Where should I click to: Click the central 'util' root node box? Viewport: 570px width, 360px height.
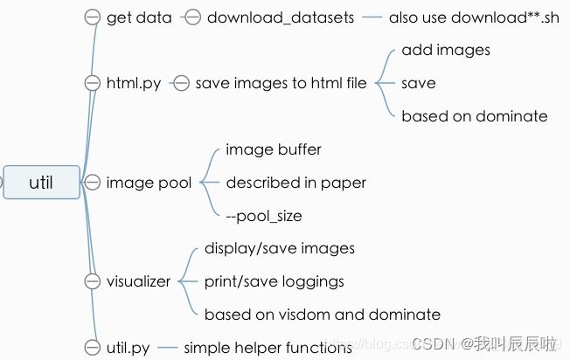(41, 182)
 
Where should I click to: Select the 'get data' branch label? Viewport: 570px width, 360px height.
(139, 17)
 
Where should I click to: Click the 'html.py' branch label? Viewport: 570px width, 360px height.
(134, 83)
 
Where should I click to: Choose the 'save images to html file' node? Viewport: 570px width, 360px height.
(282, 83)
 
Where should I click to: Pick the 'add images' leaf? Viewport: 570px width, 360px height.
(446, 50)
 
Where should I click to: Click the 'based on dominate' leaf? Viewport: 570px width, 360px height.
(475, 116)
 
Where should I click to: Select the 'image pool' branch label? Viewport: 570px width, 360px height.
(149, 183)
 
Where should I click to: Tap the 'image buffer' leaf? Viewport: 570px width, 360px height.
(274, 149)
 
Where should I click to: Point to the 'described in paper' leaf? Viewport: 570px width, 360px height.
(295, 183)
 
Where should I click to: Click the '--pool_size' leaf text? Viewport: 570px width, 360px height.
(264, 216)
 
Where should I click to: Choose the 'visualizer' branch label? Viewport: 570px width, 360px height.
(138, 281)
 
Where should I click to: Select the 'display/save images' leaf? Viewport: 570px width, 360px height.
(280, 248)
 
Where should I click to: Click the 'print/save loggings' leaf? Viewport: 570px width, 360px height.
(274, 281)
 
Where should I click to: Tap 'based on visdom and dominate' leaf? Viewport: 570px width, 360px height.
(322, 315)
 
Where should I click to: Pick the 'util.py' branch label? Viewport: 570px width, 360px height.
(128, 348)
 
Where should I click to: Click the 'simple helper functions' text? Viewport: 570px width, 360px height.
(268, 348)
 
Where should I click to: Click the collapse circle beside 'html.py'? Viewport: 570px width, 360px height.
(92, 83)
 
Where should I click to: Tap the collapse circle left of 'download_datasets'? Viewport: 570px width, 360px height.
(192, 17)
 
